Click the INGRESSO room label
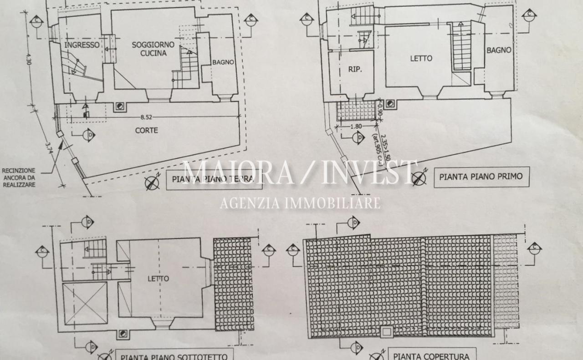click(x=82, y=45)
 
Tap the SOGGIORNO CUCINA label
click(x=149, y=49)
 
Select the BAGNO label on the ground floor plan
click(x=223, y=62)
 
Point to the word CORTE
click(x=147, y=130)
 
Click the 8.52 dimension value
click(x=146, y=117)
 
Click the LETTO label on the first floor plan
click(x=421, y=58)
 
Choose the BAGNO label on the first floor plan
click(x=499, y=51)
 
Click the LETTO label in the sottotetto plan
click(x=158, y=279)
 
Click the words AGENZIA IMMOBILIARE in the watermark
click(x=300, y=203)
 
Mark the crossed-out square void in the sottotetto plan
click(x=85, y=303)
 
